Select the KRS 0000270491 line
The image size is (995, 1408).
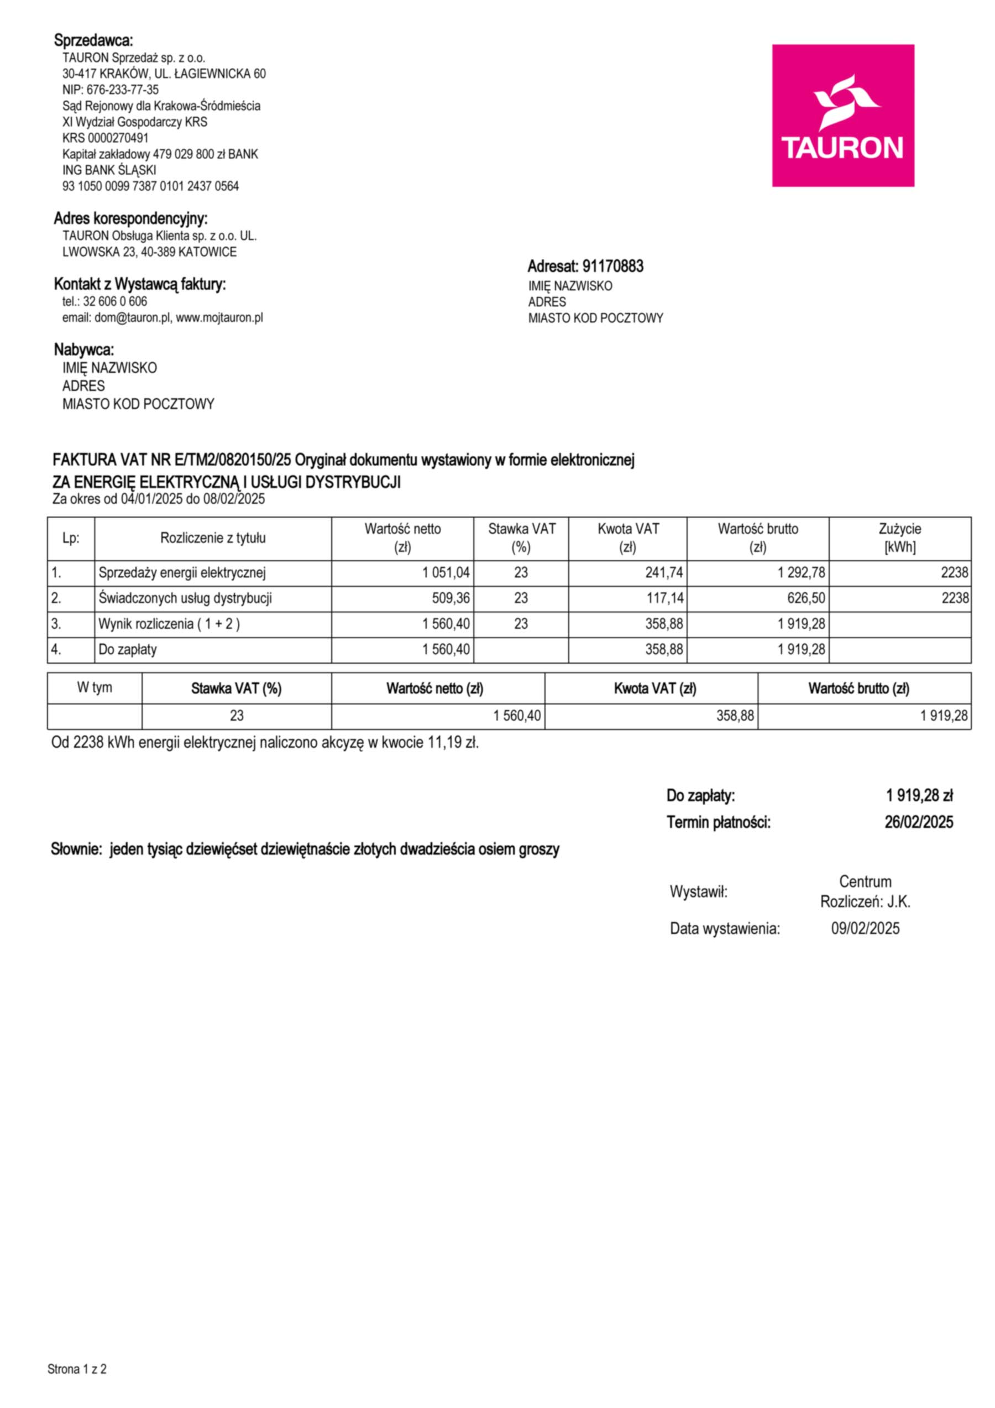(x=106, y=138)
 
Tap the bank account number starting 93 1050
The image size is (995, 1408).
(x=150, y=186)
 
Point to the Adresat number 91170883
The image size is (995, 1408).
(x=612, y=266)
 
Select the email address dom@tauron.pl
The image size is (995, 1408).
(x=133, y=317)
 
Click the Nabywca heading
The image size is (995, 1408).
(x=84, y=350)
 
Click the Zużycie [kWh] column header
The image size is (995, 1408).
(x=899, y=538)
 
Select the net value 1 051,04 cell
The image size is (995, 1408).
(x=446, y=573)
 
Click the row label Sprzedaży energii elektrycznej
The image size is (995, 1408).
(x=182, y=573)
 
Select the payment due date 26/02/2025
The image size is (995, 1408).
(x=918, y=822)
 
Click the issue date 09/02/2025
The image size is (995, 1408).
(x=865, y=929)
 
